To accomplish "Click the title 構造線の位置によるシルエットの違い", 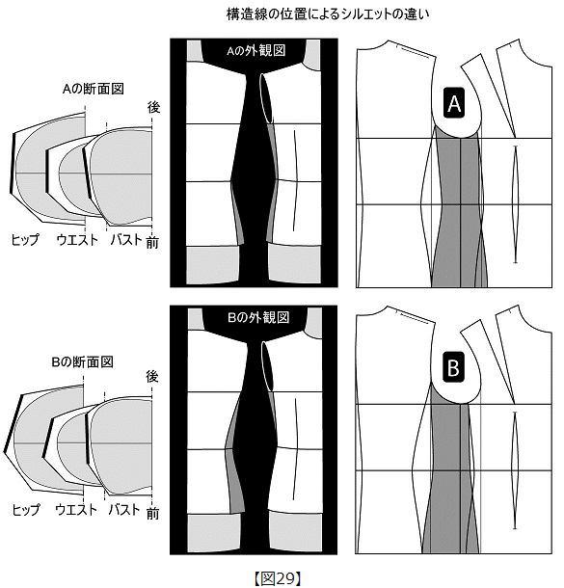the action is click(x=328, y=13).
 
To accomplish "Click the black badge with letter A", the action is click(x=454, y=103).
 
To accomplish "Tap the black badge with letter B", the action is click(x=453, y=367).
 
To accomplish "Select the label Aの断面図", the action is click(x=94, y=89).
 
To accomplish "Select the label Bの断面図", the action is click(x=83, y=361).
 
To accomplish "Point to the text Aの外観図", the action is click(x=256, y=50).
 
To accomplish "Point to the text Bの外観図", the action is click(x=258, y=317).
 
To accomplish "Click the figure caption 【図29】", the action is click(x=278, y=578).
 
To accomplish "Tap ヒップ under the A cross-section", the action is click(x=25, y=239).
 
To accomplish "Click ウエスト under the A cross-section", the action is click(x=77, y=239).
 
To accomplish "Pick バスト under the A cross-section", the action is click(x=126, y=239).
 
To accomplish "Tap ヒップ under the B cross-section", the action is click(x=25, y=510).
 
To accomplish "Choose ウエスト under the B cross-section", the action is click(x=76, y=509).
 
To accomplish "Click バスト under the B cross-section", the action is click(x=124, y=509).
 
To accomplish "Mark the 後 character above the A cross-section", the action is click(x=153, y=107).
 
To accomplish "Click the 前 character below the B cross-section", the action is click(x=152, y=513).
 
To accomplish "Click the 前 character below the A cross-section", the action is click(x=152, y=242).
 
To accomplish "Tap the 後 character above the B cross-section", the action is click(x=152, y=376).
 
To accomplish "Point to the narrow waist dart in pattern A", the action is click(x=515, y=204).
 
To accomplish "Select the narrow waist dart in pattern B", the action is click(x=515, y=470).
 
